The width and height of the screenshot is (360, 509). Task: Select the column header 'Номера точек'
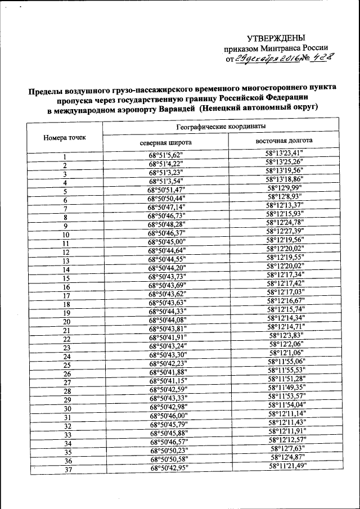[x=65, y=137]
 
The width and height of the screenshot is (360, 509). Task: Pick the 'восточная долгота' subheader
[x=285, y=141]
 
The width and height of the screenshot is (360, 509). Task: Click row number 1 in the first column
[x=65, y=157]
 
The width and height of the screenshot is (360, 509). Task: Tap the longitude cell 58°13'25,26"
[x=285, y=162]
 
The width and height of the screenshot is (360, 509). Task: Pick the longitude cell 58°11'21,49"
[x=287, y=466]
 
